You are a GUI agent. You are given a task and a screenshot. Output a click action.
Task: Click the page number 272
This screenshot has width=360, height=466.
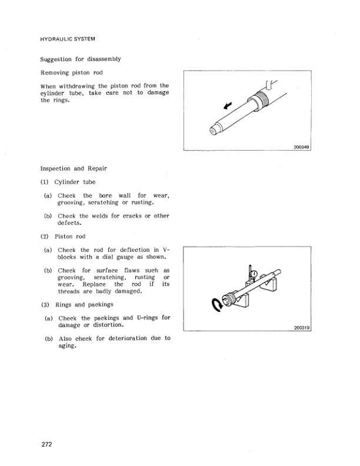click(46, 445)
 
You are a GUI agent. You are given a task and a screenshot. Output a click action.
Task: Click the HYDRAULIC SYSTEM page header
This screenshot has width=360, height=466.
click(68, 39)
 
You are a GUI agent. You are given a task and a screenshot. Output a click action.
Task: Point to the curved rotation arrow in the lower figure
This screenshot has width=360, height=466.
click(215, 304)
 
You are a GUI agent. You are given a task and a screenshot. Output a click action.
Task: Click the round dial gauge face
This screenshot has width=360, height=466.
click(252, 272)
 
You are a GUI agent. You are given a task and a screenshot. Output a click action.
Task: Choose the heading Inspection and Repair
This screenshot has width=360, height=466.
click(74, 168)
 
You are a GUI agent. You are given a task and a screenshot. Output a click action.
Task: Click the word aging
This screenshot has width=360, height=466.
click(68, 347)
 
